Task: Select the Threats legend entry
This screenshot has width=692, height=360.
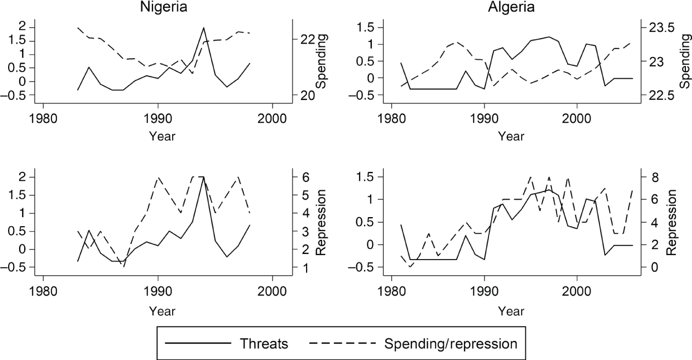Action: pos(264,344)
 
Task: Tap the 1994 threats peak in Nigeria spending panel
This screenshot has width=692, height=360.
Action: pos(204,28)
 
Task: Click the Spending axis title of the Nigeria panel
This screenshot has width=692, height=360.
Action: pos(321,61)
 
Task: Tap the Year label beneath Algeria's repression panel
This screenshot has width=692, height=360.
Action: pos(511,311)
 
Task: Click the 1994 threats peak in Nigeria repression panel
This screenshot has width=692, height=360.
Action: pos(204,177)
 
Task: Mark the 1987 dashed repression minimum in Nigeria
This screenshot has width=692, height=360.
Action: pos(124,266)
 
